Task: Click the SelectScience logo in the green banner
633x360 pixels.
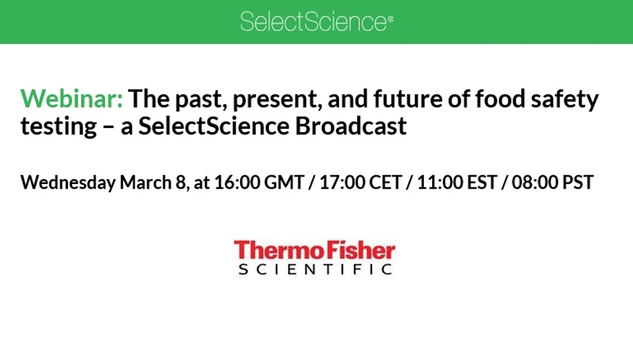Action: point(316,22)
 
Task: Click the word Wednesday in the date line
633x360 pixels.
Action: point(68,183)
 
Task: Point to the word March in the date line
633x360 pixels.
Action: point(144,183)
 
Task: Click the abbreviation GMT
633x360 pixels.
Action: point(283,183)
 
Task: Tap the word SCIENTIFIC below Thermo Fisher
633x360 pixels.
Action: point(315,270)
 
